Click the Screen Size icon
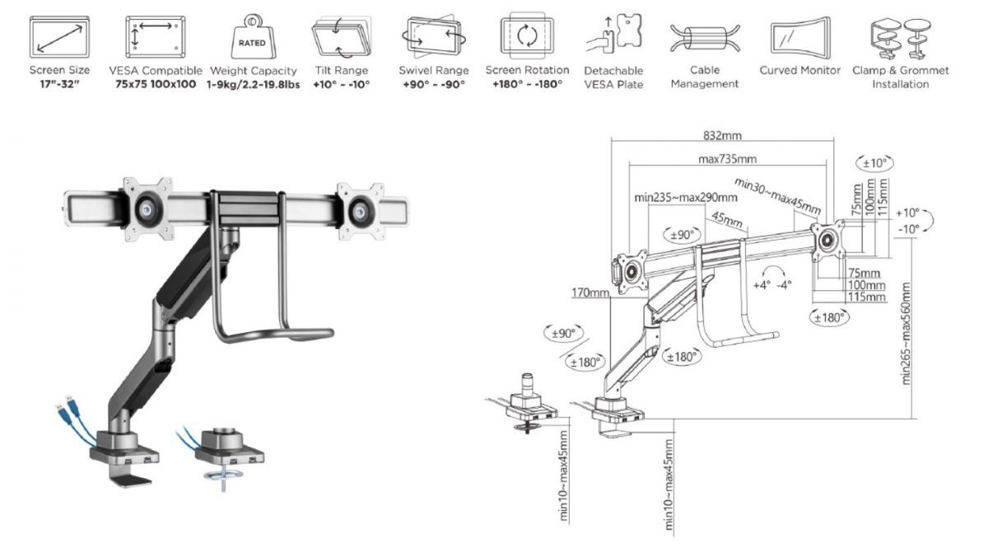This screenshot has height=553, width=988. point(59,36)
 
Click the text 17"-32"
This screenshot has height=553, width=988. point(59,84)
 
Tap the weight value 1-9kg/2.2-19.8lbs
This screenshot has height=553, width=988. point(254,84)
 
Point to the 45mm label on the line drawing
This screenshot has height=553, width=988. point(726,222)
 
